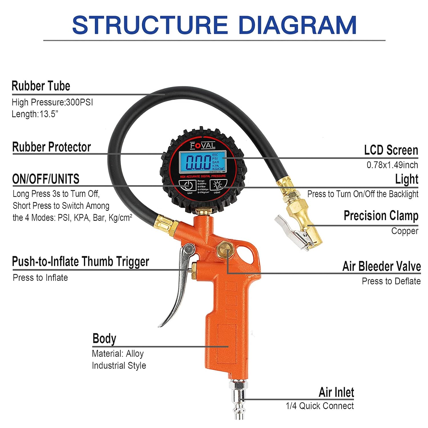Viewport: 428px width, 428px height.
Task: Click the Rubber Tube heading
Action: point(41,86)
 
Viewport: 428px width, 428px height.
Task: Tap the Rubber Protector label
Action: point(51,147)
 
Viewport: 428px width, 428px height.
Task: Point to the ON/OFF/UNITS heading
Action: point(46,179)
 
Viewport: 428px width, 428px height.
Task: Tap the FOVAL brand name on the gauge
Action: point(203,146)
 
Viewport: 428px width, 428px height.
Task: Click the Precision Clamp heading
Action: point(381,216)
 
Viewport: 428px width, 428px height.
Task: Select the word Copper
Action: point(405,231)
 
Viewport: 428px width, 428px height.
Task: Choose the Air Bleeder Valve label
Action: point(381,266)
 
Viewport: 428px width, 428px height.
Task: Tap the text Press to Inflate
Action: point(40,278)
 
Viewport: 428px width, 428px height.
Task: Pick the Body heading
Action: point(104,339)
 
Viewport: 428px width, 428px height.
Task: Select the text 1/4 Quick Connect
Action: point(320,406)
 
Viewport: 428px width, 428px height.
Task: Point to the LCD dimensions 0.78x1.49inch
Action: point(392,165)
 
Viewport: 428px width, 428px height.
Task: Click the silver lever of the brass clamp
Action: point(288,228)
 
